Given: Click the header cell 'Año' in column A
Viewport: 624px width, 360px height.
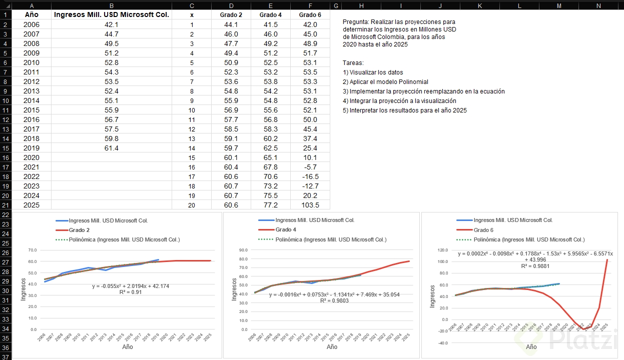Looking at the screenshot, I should tap(32, 15).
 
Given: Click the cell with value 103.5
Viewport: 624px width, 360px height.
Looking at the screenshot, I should tap(310, 205).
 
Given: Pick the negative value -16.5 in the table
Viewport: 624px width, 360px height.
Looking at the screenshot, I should tap(310, 176).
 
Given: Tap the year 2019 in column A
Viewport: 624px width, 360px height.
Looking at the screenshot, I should tap(32, 148).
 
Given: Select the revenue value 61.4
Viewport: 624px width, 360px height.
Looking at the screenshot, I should tap(111, 148).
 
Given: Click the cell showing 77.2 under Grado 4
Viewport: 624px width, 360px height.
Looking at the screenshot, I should tap(270, 205).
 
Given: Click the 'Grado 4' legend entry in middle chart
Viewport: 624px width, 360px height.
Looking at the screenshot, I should tap(286, 229).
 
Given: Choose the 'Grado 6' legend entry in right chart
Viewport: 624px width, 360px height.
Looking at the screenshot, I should tap(483, 230).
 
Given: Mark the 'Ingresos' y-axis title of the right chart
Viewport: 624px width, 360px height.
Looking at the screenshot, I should tap(432, 295).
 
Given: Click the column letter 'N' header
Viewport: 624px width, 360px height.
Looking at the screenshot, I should tap(598, 5).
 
